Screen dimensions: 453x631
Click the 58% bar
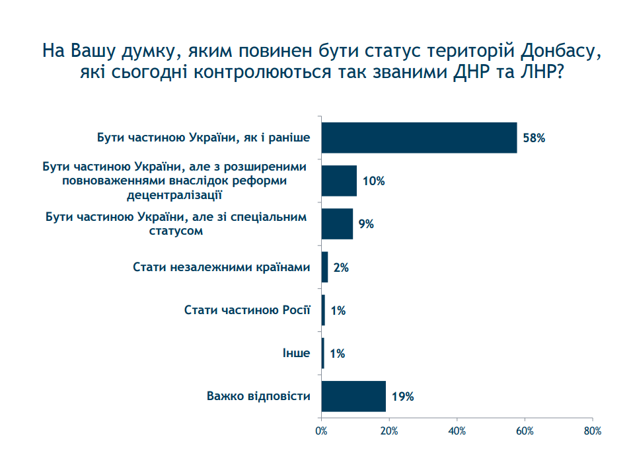point(419,138)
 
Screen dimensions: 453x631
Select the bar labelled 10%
point(339,181)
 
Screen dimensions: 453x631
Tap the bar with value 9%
point(337,224)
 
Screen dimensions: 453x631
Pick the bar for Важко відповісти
point(353,396)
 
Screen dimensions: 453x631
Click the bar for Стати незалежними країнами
point(324,267)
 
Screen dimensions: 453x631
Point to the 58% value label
point(534,138)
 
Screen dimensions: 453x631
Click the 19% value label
point(402,397)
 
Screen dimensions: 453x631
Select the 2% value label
point(341,268)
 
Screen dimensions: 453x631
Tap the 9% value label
point(366,224)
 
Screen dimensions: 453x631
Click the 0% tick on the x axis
point(321,431)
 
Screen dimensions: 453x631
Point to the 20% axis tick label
point(389,431)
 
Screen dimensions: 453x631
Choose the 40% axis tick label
point(457,431)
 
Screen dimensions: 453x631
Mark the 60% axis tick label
point(525,431)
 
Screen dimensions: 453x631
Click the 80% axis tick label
point(593,431)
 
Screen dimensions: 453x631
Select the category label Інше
point(296,353)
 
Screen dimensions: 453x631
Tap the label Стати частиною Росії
point(246,309)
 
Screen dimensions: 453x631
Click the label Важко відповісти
point(258,396)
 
